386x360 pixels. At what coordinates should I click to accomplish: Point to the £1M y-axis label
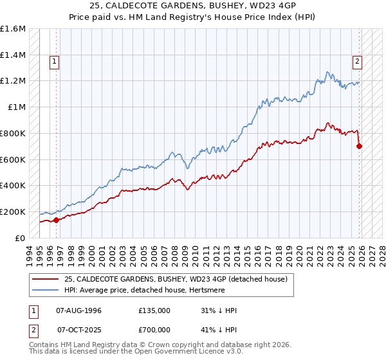[16, 107]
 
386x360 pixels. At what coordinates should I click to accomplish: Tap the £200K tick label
[13, 212]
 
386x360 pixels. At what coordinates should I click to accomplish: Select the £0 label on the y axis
[21, 238]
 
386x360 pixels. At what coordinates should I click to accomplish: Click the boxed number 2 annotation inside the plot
[356, 62]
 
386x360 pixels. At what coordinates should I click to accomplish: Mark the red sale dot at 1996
[57, 220]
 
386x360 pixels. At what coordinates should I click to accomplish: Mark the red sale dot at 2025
[359, 146]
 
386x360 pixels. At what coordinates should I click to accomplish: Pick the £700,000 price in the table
[154, 330]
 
